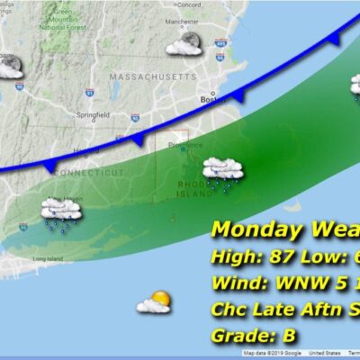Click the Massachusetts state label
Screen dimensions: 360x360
click(151, 77)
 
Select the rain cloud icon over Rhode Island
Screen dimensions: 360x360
click(220, 169)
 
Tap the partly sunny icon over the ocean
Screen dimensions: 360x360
click(155, 302)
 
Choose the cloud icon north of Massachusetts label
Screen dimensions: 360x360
click(184, 44)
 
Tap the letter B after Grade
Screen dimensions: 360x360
click(289, 336)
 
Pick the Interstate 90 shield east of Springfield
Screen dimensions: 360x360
click(136, 117)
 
